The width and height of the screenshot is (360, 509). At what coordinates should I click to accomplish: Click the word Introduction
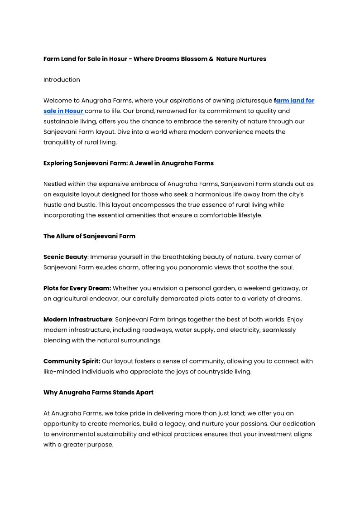(62, 80)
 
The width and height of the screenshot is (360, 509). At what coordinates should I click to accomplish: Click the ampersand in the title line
(211, 59)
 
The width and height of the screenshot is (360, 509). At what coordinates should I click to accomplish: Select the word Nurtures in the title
(252, 59)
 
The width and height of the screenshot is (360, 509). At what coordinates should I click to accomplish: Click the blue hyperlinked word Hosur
(74, 111)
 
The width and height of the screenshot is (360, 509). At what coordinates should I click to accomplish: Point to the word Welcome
(57, 101)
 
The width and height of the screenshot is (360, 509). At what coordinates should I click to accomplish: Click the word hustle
(53, 205)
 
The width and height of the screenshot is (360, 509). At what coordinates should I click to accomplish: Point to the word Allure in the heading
(69, 236)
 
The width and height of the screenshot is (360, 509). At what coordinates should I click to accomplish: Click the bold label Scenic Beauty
(65, 257)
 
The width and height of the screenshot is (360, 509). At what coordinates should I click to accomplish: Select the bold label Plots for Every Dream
(77, 288)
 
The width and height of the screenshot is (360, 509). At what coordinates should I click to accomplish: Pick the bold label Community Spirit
(72, 361)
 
